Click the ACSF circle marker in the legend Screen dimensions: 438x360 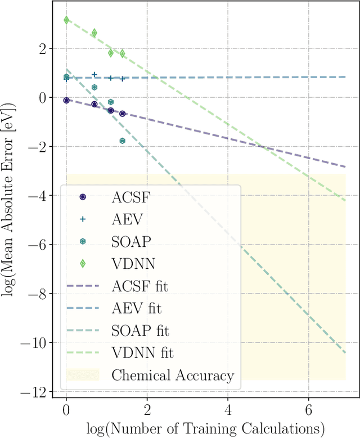pyautogui.click(x=83, y=197)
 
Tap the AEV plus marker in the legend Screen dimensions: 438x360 pyautogui.click(x=83, y=219)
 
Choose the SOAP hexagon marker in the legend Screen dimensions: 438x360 pyautogui.click(x=83, y=241)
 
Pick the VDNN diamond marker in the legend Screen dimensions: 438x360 pyautogui.click(x=83, y=264)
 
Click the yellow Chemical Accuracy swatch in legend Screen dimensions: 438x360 pyautogui.click(x=83, y=375)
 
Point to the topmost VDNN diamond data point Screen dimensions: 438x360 pyautogui.click(x=66, y=20)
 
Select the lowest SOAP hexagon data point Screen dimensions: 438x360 pyautogui.click(x=122, y=141)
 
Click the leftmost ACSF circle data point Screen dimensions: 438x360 pyautogui.click(x=66, y=100)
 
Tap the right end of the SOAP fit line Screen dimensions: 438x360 pyautogui.click(x=345, y=353)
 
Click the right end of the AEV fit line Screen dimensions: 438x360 pyautogui.click(x=345, y=76)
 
